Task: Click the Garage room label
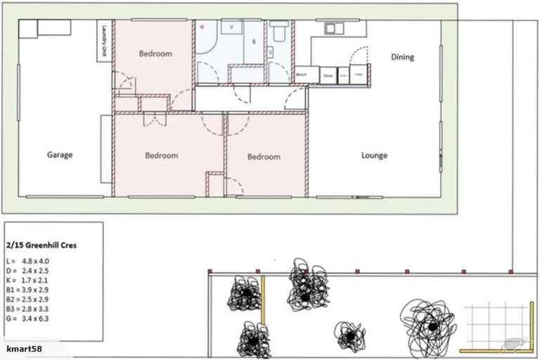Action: point(60,155)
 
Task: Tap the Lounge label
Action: point(374,155)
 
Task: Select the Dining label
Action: point(402,57)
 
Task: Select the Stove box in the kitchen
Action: point(328,75)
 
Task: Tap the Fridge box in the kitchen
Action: point(359,75)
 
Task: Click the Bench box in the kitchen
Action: point(302,75)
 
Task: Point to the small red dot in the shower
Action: point(202,27)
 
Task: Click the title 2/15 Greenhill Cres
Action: point(43,246)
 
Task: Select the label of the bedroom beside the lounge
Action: point(264,157)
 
